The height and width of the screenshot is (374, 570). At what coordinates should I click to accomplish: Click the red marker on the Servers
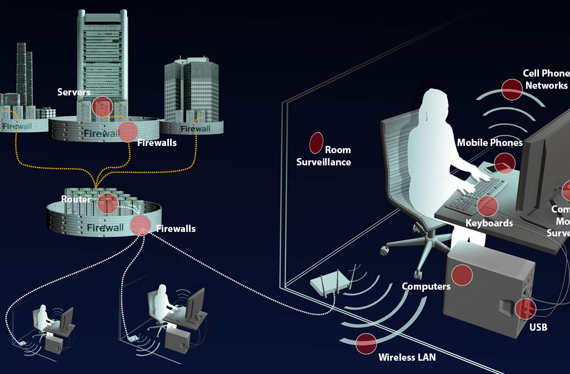click(x=102, y=106)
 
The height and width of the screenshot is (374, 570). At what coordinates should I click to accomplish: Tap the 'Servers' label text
click(x=74, y=92)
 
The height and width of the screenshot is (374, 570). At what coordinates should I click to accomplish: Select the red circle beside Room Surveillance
click(x=316, y=143)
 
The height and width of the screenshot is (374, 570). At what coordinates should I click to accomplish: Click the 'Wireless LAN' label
click(x=407, y=357)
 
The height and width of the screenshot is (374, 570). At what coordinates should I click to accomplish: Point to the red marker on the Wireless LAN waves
click(x=366, y=344)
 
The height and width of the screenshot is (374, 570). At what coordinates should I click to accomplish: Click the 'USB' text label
click(x=538, y=327)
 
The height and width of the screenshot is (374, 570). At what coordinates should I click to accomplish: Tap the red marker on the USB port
click(x=525, y=309)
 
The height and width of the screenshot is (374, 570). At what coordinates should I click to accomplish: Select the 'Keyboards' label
click(x=489, y=223)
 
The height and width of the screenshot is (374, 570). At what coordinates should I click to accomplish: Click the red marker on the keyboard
click(x=487, y=205)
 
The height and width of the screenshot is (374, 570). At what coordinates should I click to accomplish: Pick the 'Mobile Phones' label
click(x=489, y=143)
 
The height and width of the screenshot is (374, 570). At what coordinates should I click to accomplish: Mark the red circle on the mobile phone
click(x=504, y=163)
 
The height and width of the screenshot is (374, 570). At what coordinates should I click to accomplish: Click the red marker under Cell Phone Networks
click(x=512, y=89)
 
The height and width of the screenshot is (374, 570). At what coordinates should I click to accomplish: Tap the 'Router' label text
click(x=76, y=199)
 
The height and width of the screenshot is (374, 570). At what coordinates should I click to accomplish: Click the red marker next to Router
click(x=107, y=204)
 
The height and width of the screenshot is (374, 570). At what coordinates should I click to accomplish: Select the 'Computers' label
click(x=426, y=286)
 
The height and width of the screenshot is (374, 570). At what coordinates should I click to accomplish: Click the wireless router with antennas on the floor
click(x=332, y=284)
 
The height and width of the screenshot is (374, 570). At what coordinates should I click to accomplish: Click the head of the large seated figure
click(x=434, y=102)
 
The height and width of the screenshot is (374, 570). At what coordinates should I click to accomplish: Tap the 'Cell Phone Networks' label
click(x=546, y=79)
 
